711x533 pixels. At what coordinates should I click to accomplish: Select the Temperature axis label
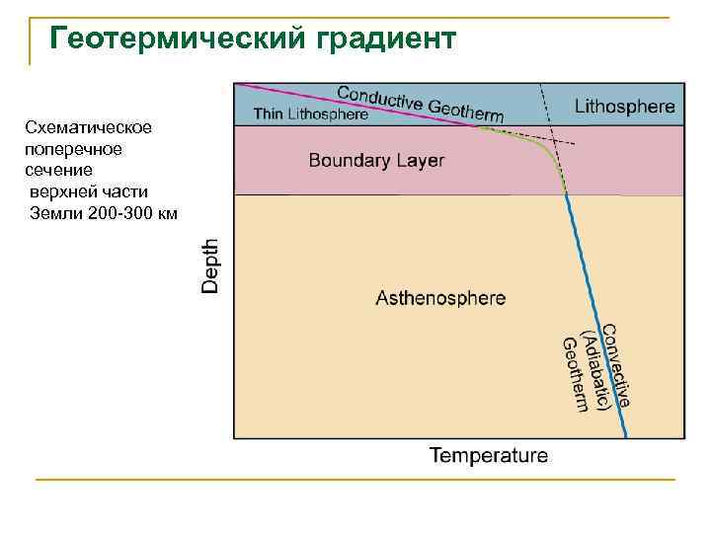[x=488, y=456]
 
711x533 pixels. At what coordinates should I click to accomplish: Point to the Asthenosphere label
[x=440, y=297]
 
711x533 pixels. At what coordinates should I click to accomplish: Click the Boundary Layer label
[x=376, y=160]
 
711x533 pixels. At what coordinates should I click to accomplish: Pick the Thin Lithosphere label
[x=311, y=114]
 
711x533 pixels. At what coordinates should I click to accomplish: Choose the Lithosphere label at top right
[x=625, y=105]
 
